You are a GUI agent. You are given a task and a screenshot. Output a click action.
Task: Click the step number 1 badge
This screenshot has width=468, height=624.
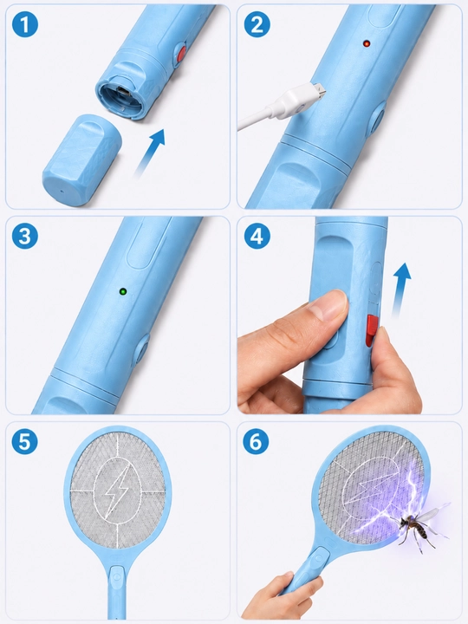point(25,24)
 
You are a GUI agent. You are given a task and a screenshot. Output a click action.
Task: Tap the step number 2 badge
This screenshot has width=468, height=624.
point(257,24)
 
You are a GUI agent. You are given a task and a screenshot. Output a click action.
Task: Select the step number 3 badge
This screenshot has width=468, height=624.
point(25,236)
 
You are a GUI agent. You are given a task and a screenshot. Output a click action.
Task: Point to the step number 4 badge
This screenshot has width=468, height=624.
point(257,236)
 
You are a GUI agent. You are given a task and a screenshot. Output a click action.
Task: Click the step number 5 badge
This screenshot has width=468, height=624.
point(24,441)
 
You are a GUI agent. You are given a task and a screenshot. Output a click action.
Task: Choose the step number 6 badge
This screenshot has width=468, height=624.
point(256,441)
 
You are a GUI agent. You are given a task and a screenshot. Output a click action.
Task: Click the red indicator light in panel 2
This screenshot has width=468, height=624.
point(366,43)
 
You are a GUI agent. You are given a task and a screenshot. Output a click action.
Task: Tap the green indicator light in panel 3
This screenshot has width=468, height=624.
point(123,292)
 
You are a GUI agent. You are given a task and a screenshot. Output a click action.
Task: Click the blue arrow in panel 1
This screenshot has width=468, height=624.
point(150,152)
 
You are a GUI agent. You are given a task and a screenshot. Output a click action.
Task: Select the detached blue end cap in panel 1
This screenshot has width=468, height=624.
point(81,160)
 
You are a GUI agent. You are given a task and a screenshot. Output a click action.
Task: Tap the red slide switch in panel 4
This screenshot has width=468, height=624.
point(371,330)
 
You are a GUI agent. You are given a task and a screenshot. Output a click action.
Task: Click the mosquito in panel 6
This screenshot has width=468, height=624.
point(418,527)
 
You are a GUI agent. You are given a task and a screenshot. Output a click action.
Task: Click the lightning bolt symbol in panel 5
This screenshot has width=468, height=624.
point(117,487)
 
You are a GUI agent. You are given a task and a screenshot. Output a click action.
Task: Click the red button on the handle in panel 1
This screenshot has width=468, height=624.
point(181,54)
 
